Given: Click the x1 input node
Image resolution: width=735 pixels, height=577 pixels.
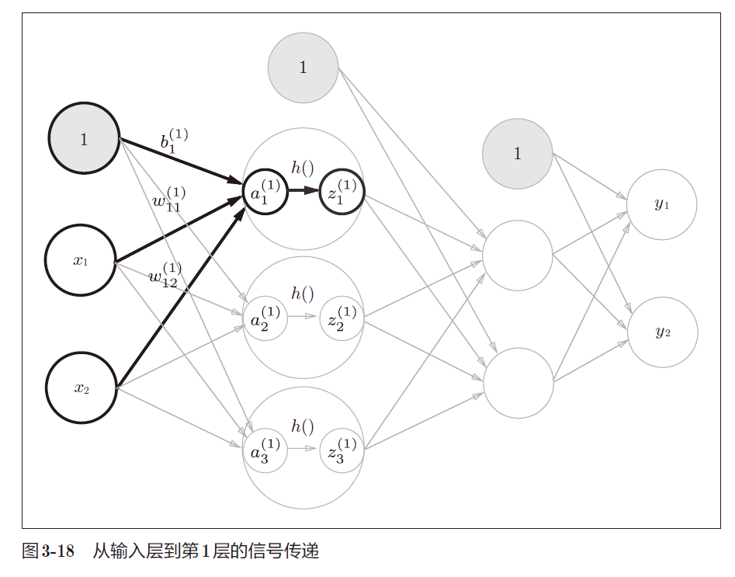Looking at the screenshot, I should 81,260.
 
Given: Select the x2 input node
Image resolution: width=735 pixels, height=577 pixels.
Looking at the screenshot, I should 81,388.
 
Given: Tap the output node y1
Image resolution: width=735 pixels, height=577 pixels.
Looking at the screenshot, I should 661,204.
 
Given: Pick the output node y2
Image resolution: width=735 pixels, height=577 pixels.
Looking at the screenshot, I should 662,332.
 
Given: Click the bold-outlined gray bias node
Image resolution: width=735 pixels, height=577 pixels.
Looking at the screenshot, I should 84,140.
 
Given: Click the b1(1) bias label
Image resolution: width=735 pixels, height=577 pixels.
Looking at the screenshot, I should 173,140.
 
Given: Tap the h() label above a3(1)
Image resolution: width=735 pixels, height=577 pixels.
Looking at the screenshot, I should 303,426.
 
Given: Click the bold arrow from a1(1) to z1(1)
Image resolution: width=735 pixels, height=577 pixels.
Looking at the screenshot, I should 303,190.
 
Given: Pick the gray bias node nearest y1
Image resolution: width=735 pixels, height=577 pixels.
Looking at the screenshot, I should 517,154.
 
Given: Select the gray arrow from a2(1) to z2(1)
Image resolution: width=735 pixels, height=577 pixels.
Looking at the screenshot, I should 303,317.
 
